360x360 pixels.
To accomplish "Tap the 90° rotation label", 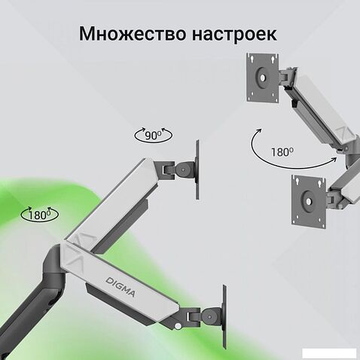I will (153, 136).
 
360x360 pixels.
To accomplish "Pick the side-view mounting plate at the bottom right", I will (224, 316).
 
